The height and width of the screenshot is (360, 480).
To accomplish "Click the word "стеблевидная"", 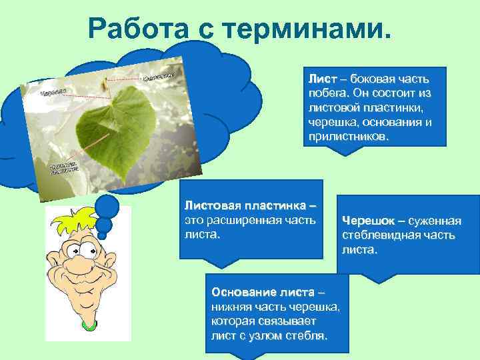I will (380, 235).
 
